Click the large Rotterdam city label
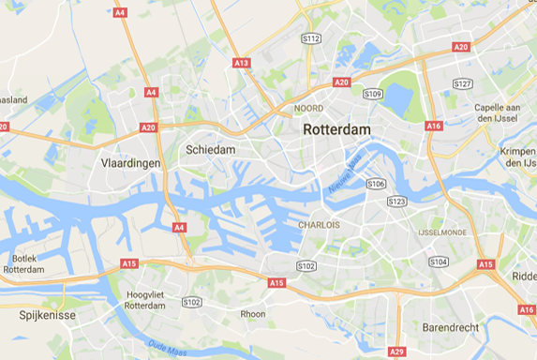(x=336, y=129)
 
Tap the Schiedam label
(x=210, y=149)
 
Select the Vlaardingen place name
(x=130, y=163)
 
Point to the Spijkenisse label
(x=47, y=315)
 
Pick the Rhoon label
(x=252, y=314)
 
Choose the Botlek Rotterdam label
(x=23, y=263)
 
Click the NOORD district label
(x=308, y=109)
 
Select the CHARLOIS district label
(x=319, y=225)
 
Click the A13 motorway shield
(x=242, y=63)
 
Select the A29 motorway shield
(x=397, y=352)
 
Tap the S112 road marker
(x=311, y=38)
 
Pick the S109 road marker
(x=372, y=94)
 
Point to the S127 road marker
(x=462, y=83)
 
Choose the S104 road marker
(x=438, y=262)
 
